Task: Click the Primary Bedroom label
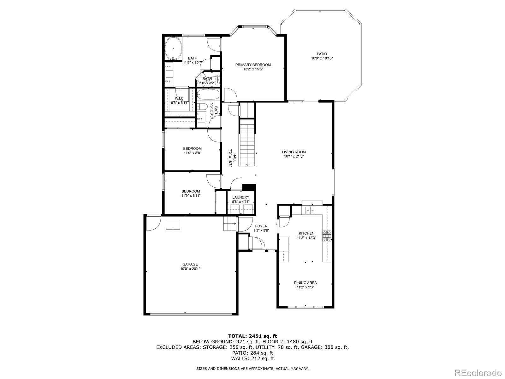tap(253, 65)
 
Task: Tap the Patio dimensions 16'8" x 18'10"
tap(322, 58)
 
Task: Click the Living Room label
tap(294, 152)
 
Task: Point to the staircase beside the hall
tap(247, 144)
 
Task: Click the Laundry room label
tap(241, 197)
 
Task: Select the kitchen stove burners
tap(327, 236)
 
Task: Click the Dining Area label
tap(305, 283)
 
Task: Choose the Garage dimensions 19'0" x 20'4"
tap(190, 269)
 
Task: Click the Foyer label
tap(261, 226)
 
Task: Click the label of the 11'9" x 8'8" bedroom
tap(192, 148)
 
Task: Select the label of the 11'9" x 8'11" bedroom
tap(191, 191)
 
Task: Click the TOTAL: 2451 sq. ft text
tap(252, 336)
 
